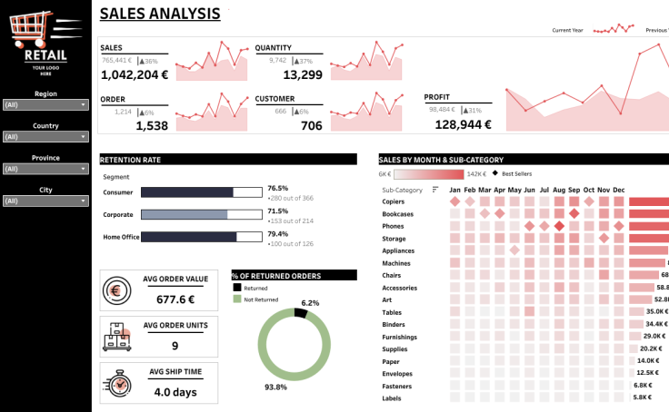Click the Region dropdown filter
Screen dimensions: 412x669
point(45,104)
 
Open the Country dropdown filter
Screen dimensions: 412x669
point(45,137)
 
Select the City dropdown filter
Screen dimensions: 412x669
point(45,201)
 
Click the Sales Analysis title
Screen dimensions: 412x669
point(159,14)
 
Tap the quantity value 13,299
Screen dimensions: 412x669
point(303,75)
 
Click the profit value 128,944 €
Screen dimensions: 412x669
point(463,125)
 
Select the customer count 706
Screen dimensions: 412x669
point(311,126)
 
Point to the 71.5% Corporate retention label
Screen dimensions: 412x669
point(277,211)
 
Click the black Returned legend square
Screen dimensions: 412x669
point(237,288)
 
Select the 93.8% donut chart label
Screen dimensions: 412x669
point(275,387)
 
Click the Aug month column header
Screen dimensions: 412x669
point(559,190)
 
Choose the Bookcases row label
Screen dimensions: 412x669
point(399,213)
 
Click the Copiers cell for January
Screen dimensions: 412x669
point(454,201)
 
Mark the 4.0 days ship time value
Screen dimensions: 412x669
point(175,392)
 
